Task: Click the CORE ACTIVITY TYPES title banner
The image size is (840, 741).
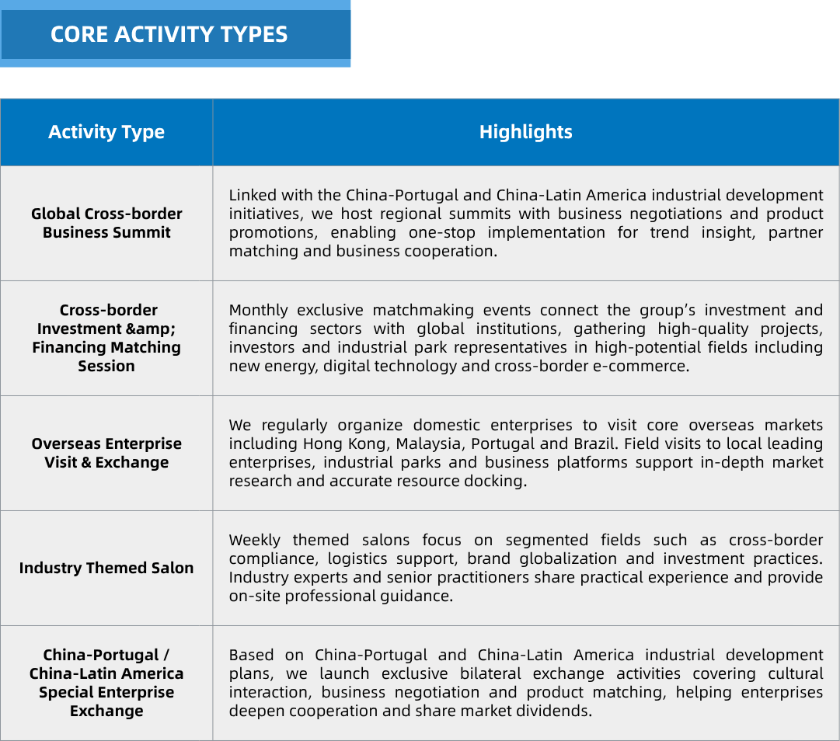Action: [x=175, y=34]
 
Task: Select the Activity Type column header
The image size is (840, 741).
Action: [x=106, y=132]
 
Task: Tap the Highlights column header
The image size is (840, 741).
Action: [x=525, y=132]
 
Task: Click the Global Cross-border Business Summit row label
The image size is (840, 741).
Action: [x=106, y=223]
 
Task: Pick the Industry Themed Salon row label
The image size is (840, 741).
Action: [x=106, y=568]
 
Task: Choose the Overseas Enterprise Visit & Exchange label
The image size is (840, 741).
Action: [x=106, y=453]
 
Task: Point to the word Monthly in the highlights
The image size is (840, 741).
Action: [x=258, y=311]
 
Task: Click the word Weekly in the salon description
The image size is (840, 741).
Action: [x=254, y=541]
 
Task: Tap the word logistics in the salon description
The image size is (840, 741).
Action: [x=357, y=559]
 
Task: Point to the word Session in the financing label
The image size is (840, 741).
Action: [x=106, y=366]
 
